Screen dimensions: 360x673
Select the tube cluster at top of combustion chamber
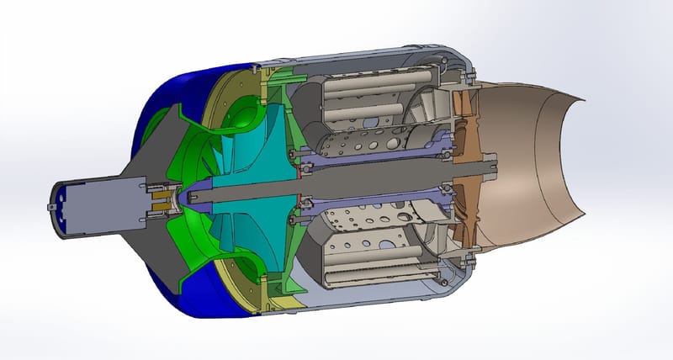pos(370,93)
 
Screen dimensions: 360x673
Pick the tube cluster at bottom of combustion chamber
pos(370,257)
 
